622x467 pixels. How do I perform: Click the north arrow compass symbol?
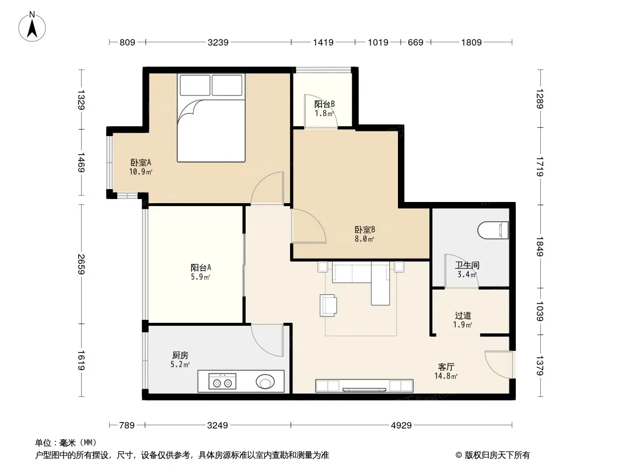[32, 27]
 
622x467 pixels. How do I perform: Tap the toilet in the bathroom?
[493, 230]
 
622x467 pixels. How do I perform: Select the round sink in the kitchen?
[265, 382]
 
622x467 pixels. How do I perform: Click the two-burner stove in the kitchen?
[222, 381]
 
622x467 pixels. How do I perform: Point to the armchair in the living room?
[328, 305]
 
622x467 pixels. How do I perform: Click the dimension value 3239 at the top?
[218, 42]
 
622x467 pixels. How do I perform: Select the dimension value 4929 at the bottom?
[401, 426]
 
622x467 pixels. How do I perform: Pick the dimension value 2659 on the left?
[81, 264]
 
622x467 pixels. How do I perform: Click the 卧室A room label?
[141, 162]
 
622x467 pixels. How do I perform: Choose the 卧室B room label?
[365, 229]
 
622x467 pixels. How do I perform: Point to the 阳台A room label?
[201, 267]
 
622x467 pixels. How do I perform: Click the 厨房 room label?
[180, 355]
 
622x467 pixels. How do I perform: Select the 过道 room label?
[463, 315]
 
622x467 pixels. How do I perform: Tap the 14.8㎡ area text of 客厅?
[446, 376]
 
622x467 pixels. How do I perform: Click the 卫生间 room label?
[467, 265]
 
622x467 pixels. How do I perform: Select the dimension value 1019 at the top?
[378, 42]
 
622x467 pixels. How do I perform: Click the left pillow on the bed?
[195, 85]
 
